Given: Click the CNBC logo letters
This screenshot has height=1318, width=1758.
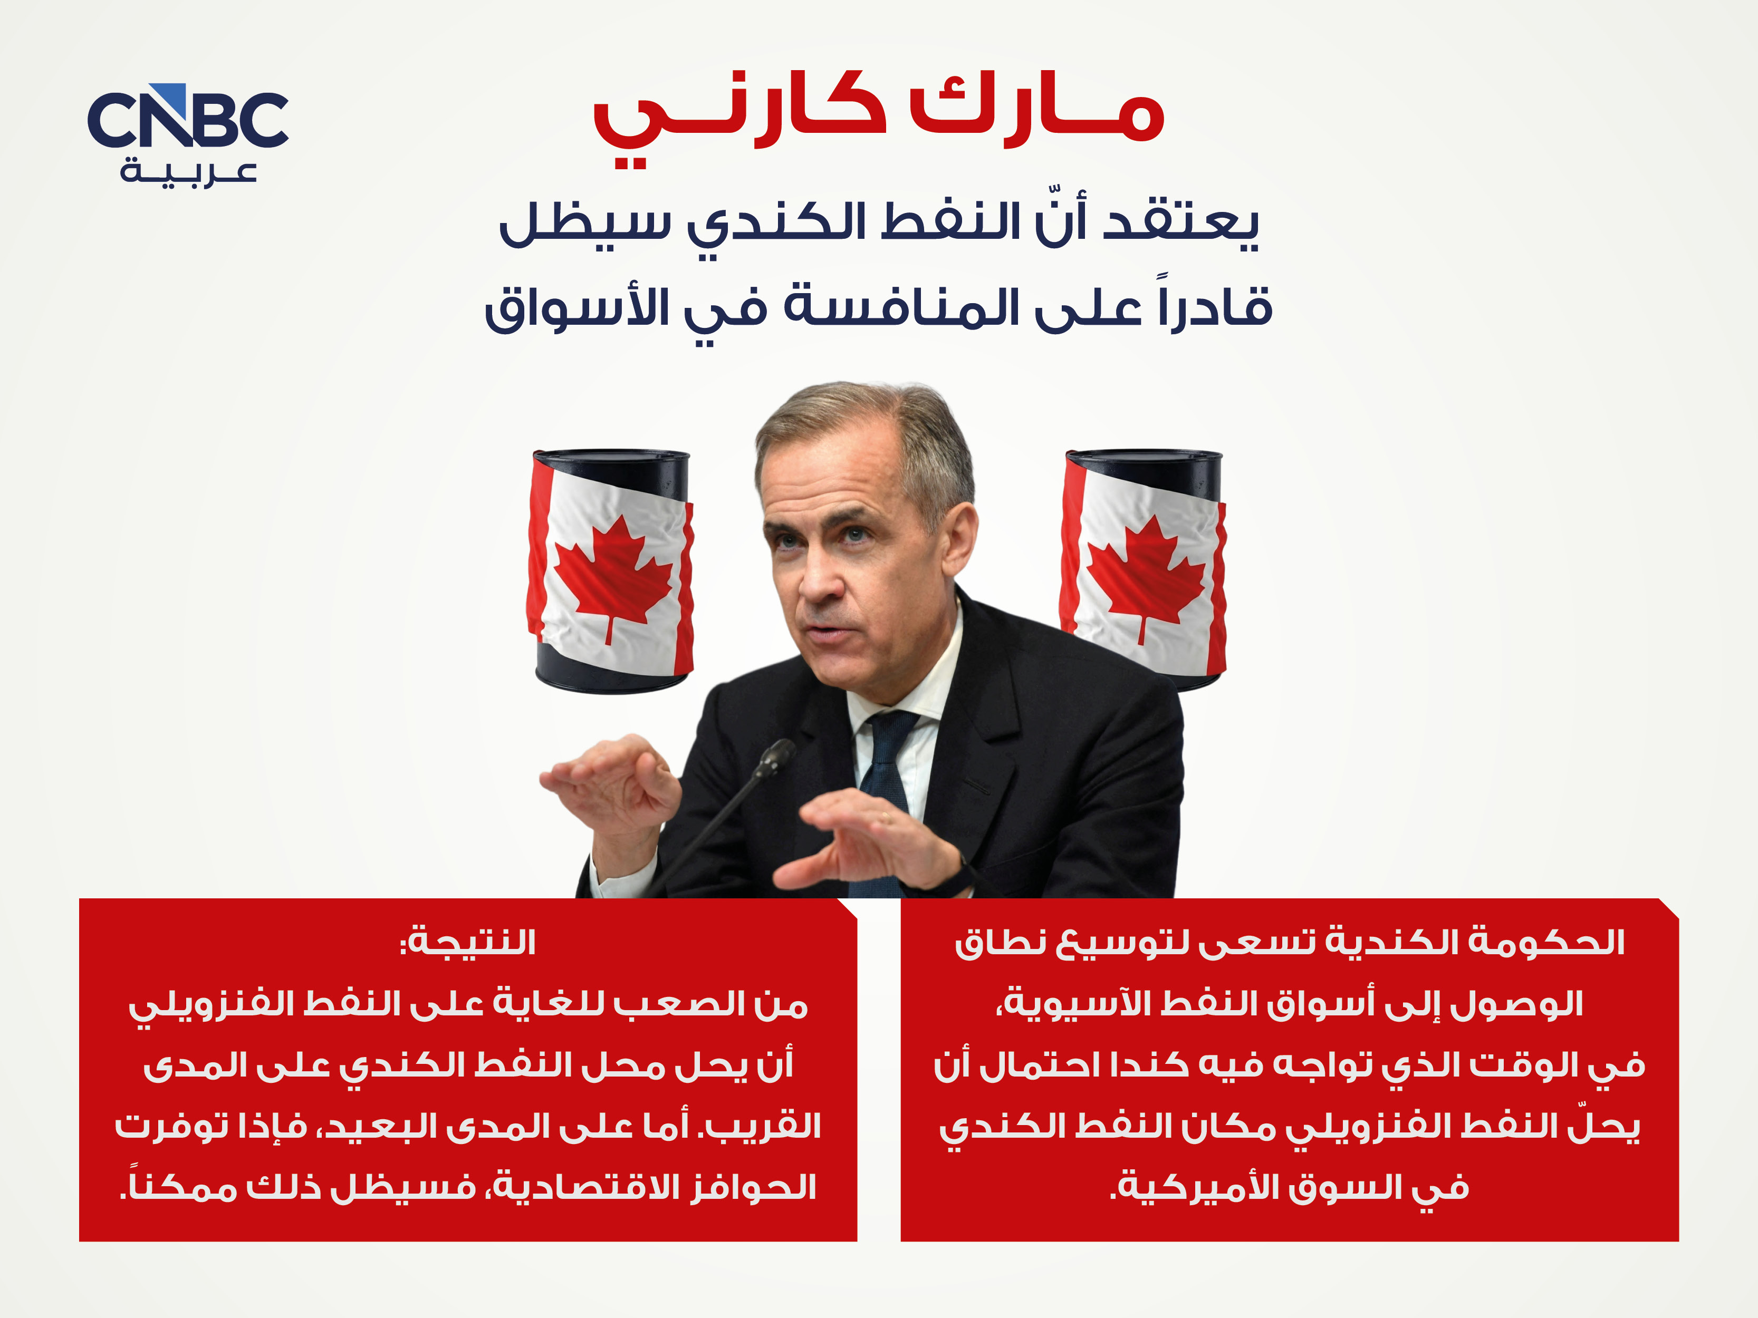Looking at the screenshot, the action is click(x=188, y=119).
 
